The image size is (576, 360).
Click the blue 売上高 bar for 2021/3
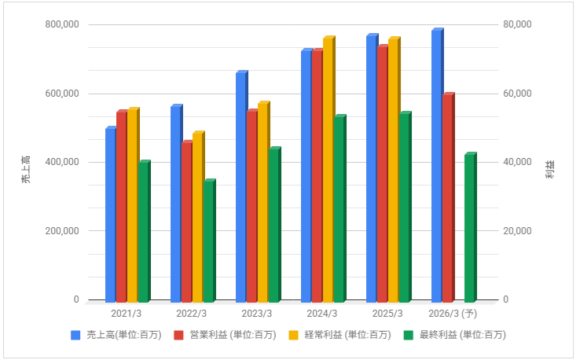pos(110,215)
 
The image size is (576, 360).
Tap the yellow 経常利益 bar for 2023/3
pos(262,202)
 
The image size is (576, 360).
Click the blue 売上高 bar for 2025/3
pos(371,168)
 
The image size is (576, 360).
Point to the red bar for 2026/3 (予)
pos(447,198)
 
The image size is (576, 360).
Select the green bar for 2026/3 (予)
pos(469,228)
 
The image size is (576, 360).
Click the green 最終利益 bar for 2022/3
pos(208,241)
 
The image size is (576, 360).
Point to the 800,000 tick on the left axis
pos(61,24)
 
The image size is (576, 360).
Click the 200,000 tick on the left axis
pos(61,231)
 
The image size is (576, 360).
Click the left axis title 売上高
pos(26,170)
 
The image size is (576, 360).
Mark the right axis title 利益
pos(550,170)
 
